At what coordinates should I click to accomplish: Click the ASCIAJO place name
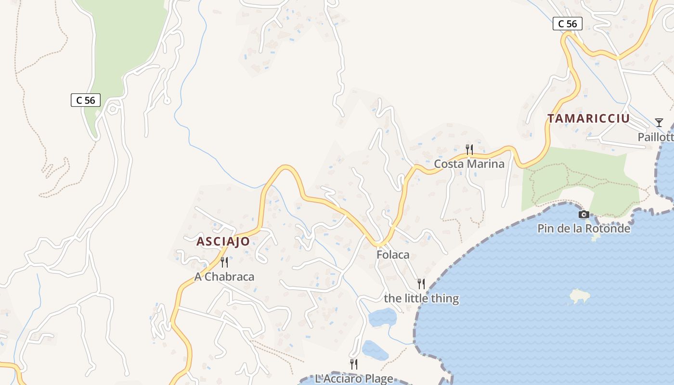click(x=223, y=241)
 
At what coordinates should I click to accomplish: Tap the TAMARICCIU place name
click(x=588, y=118)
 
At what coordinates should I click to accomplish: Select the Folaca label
click(x=393, y=255)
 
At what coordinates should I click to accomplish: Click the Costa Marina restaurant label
click(x=469, y=164)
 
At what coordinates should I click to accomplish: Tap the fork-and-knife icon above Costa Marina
click(x=469, y=150)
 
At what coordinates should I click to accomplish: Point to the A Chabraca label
click(x=224, y=277)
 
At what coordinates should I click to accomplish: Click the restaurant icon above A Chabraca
click(x=224, y=262)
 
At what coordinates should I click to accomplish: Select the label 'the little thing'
click(x=421, y=298)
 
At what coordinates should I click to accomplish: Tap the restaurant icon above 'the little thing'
click(x=421, y=284)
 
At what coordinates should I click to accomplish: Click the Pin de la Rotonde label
click(x=583, y=228)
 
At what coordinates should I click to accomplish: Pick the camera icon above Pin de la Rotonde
click(x=583, y=214)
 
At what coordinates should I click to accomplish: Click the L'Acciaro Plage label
click(x=354, y=379)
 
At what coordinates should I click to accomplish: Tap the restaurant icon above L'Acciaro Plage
click(x=354, y=364)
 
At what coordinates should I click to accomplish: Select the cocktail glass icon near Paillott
click(x=659, y=123)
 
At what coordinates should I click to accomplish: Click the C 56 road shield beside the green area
click(x=86, y=100)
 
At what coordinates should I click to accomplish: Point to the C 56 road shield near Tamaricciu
click(x=567, y=24)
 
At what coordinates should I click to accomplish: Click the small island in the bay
click(x=581, y=296)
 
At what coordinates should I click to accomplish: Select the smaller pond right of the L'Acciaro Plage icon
click(x=375, y=350)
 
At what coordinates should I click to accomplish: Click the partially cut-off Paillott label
click(x=655, y=137)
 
